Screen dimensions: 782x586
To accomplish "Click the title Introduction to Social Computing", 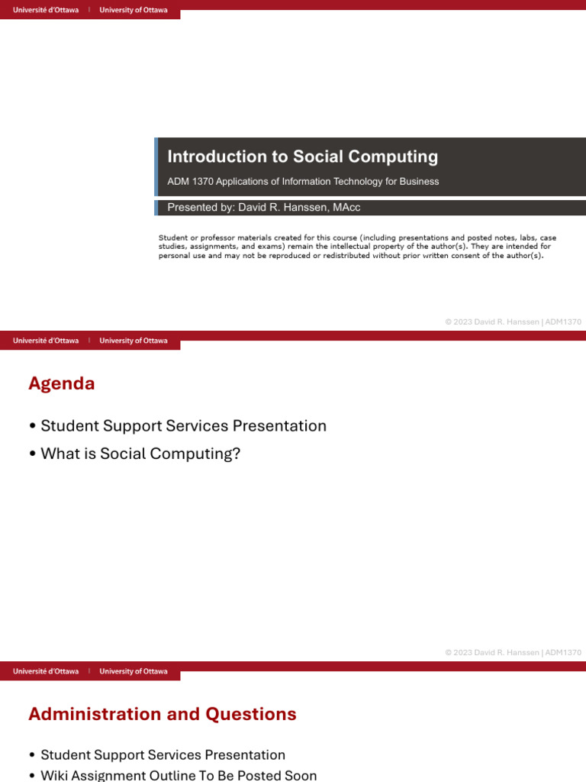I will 302,157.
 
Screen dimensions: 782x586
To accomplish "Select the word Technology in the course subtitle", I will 367,182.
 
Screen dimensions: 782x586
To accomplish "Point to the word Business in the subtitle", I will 421,182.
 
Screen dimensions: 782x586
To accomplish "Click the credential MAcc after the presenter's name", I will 346,208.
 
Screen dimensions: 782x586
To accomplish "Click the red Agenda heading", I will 62,383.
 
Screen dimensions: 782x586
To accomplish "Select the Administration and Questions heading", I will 163,714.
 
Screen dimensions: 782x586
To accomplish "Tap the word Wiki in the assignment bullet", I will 56,775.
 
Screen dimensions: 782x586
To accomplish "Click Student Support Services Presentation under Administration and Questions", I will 163,755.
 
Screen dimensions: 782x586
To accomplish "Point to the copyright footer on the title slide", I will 513,322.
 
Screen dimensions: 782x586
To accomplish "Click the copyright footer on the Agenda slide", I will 513,653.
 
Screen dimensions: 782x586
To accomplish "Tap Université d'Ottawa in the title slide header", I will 46,11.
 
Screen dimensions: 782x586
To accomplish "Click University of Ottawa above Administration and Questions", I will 134,671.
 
